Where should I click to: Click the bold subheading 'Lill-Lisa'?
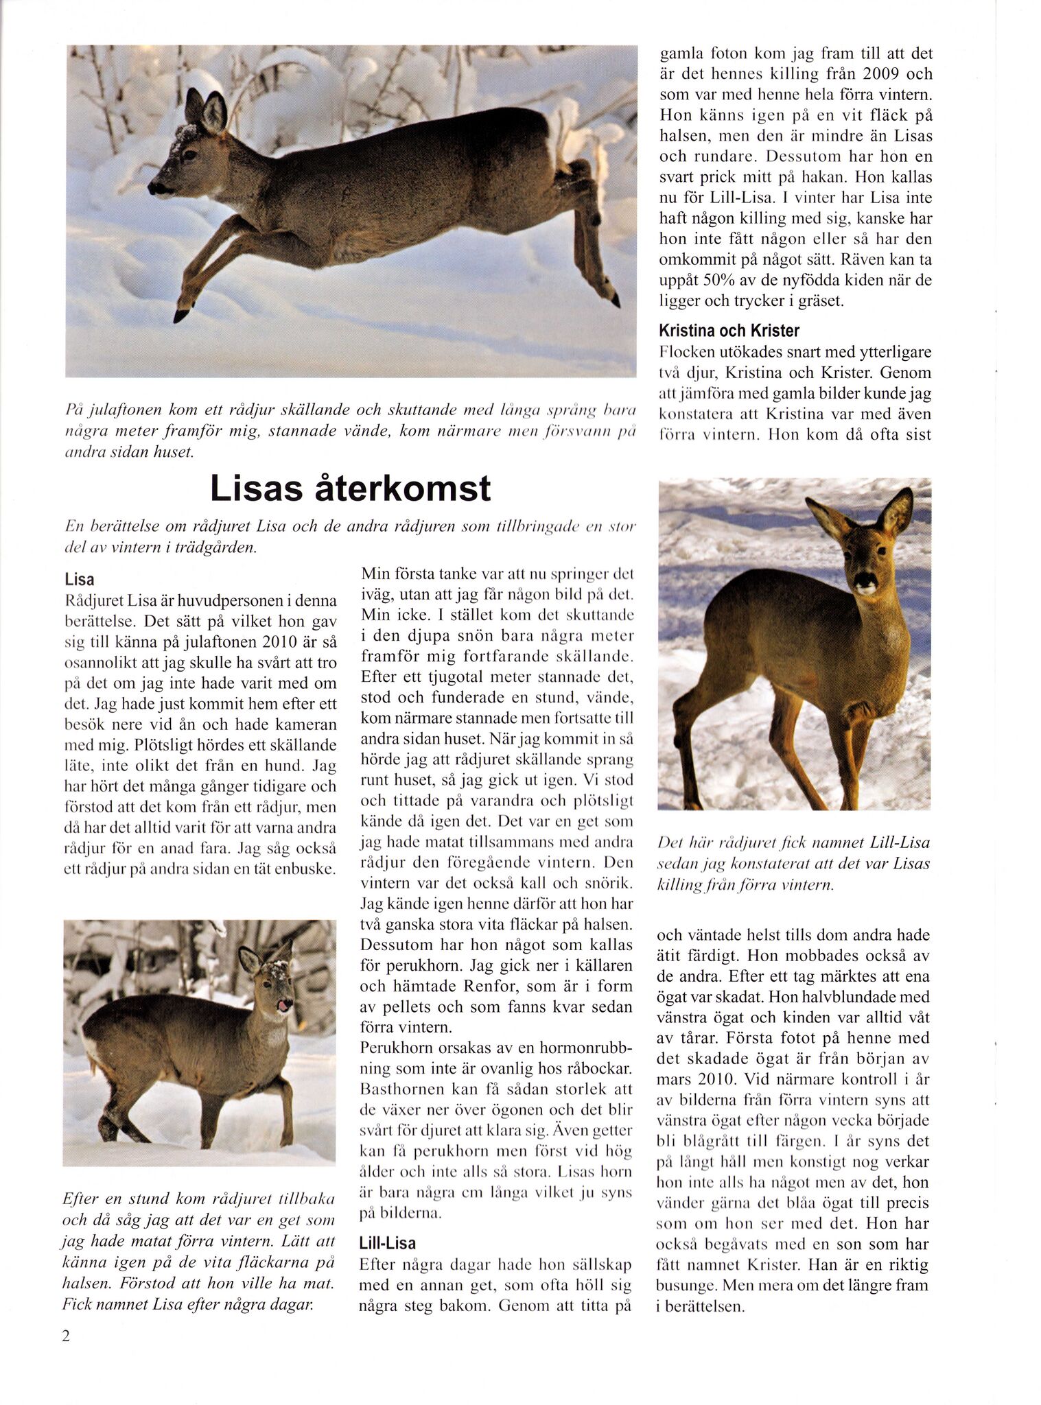[388, 1243]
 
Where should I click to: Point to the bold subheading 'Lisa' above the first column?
[80, 580]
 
